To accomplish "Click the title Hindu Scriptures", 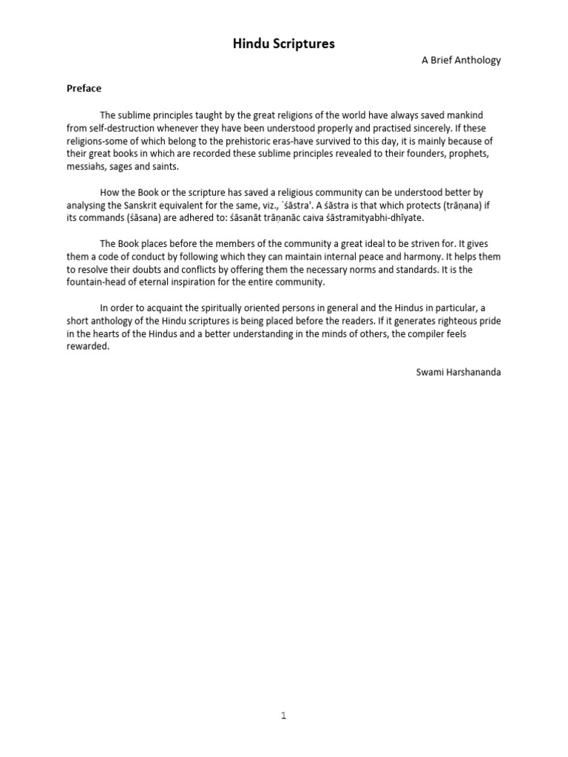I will pos(284,44).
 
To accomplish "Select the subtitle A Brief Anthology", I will pos(461,61).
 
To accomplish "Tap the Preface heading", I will pos(84,88).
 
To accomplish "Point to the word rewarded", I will pos(87,347).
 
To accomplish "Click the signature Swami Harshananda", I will pos(458,372).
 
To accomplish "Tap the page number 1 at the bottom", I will pos(283,716).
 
